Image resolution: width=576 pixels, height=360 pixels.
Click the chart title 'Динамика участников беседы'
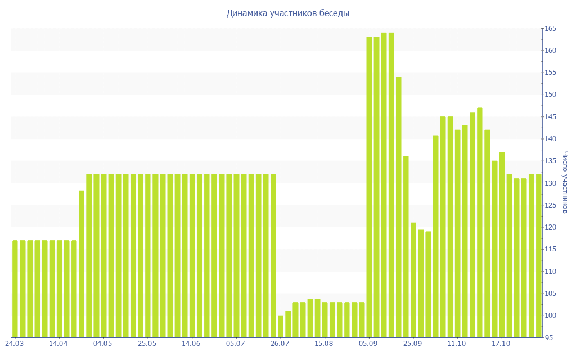(288, 13)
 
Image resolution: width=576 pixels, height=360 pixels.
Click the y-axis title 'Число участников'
(565, 183)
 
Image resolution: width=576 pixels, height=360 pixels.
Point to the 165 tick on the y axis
(550, 29)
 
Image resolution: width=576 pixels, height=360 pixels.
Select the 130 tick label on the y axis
(550, 183)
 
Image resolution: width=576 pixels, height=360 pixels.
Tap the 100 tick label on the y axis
(550, 316)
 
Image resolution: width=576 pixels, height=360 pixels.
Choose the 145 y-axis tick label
(550, 117)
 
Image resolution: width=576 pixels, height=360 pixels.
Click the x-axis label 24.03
(14, 343)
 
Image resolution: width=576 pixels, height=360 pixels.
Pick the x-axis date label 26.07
(280, 343)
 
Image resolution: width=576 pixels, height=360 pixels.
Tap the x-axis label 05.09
(368, 343)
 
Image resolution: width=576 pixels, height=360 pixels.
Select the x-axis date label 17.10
(501, 343)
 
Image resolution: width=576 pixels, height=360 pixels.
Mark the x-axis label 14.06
(191, 343)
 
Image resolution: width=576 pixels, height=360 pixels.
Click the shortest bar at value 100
(281, 326)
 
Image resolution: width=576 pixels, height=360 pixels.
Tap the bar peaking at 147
(480, 222)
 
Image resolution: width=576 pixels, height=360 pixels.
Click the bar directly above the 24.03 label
(15, 289)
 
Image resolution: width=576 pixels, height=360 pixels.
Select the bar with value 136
(406, 247)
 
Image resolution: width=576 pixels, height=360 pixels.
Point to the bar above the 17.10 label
(502, 245)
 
